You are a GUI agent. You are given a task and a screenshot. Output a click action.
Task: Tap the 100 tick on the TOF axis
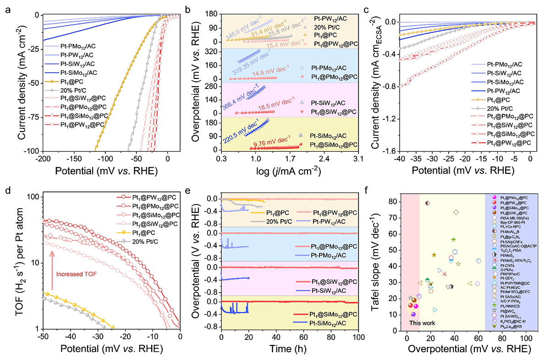34,197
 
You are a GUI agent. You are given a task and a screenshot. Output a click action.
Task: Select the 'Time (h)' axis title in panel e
290,348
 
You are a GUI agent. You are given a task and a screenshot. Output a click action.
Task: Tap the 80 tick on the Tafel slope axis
392,201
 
